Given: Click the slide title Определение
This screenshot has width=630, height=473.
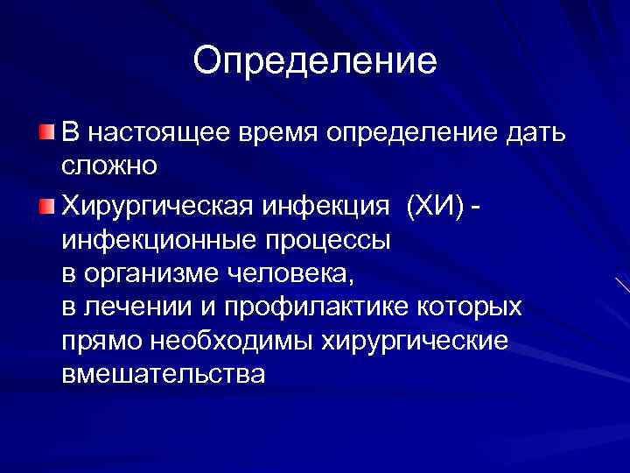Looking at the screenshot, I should pyautogui.click(x=315, y=61).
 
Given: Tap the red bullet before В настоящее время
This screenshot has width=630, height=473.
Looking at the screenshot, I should pyautogui.click(x=45, y=132).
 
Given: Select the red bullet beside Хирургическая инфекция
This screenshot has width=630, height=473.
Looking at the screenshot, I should pyautogui.click(x=45, y=206).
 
